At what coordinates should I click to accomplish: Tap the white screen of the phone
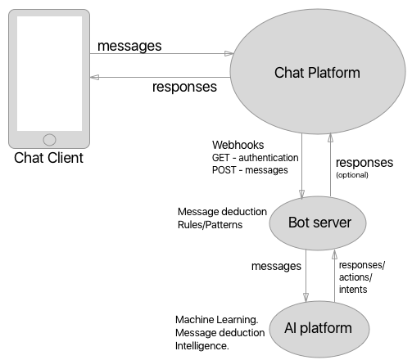(x=49, y=73)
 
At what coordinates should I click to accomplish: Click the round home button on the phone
(x=49, y=140)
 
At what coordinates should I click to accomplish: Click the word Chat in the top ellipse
(x=289, y=74)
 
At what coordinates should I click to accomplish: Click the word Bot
(x=299, y=223)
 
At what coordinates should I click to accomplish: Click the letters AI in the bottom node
(x=289, y=328)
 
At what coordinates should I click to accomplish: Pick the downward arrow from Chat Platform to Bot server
(x=302, y=164)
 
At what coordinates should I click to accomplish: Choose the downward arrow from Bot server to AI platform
(x=306, y=274)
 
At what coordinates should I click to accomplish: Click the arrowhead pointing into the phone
(x=93, y=78)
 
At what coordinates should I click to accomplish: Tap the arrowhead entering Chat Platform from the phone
(x=229, y=54)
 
